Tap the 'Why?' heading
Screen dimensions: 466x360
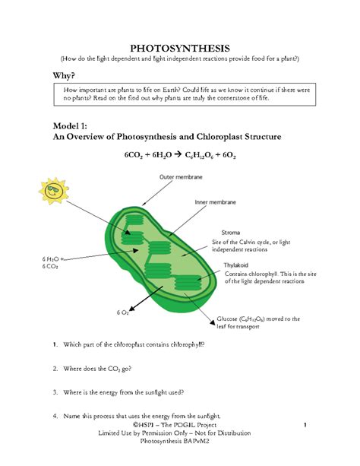coord(66,76)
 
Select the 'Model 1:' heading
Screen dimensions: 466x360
coord(71,125)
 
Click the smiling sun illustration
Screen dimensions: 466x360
coord(54,194)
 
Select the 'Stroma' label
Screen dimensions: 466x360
coord(231,231)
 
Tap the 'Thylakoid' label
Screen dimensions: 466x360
coord(236,265)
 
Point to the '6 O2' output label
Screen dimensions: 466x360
coord(122,312)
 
